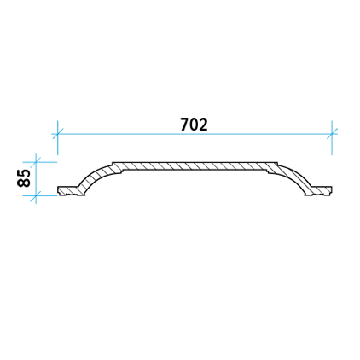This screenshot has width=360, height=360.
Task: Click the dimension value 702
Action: pos(194,125)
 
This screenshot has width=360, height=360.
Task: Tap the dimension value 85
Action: pos(24,178)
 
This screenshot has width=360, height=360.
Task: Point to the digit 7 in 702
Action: pos(185,125)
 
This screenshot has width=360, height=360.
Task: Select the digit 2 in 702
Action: pos(203,125)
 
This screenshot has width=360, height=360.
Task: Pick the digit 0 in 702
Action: pos(194,125)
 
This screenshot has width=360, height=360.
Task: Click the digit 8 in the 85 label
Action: pos(24,183)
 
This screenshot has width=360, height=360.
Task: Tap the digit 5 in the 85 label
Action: pos(24,174)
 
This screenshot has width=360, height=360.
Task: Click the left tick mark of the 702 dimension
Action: pos(57,134)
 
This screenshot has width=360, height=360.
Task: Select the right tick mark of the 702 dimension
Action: pos(332,134)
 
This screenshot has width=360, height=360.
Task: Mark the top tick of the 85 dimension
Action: pos(36,162)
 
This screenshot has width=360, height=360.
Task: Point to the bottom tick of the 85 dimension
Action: pos(36,195)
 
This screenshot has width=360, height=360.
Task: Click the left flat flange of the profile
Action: pos(68,191)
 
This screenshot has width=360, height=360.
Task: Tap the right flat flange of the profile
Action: pos(321,191)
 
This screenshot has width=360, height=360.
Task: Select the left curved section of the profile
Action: pos(95,177)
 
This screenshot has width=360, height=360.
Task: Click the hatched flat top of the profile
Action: pos(195,166)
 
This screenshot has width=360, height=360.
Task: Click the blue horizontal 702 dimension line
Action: pos(195,134)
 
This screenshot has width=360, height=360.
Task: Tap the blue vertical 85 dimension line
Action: pos(36,179)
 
